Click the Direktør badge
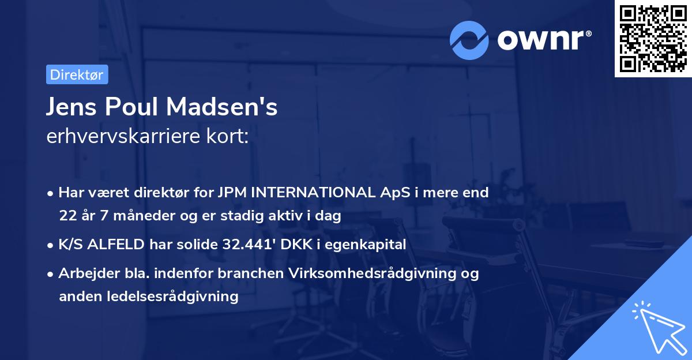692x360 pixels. click(x=77, y=74)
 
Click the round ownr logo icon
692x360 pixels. click(x=469, y=40)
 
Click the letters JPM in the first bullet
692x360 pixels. click(x=231, y=193)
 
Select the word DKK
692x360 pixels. click(x=294, y=245)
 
